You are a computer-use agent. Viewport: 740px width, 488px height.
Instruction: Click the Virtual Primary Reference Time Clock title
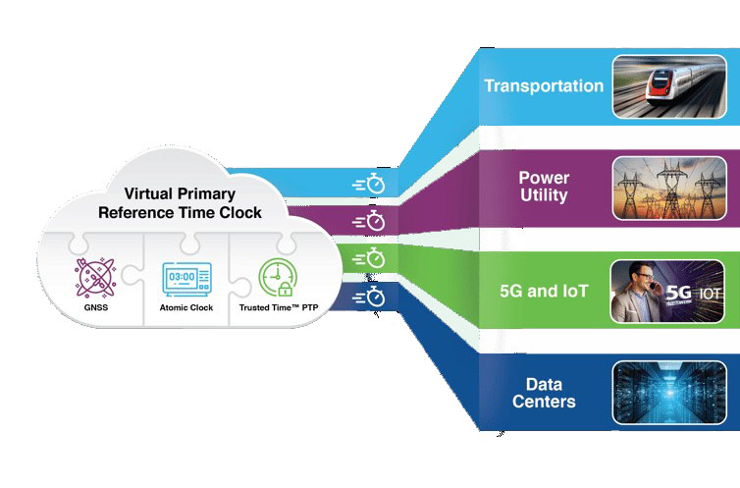tap(192, 201)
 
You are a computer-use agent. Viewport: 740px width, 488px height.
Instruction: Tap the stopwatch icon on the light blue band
tap(369, 184)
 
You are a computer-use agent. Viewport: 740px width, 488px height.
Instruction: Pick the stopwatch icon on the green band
tap(369, 259)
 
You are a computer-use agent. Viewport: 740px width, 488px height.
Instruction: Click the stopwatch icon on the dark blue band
tap(369, 297)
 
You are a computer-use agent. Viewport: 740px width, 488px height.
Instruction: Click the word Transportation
tap(544, 85)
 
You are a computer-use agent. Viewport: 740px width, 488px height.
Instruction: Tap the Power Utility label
tap(544, 187)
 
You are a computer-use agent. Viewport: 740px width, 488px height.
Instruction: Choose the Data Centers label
tap(544, 393)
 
